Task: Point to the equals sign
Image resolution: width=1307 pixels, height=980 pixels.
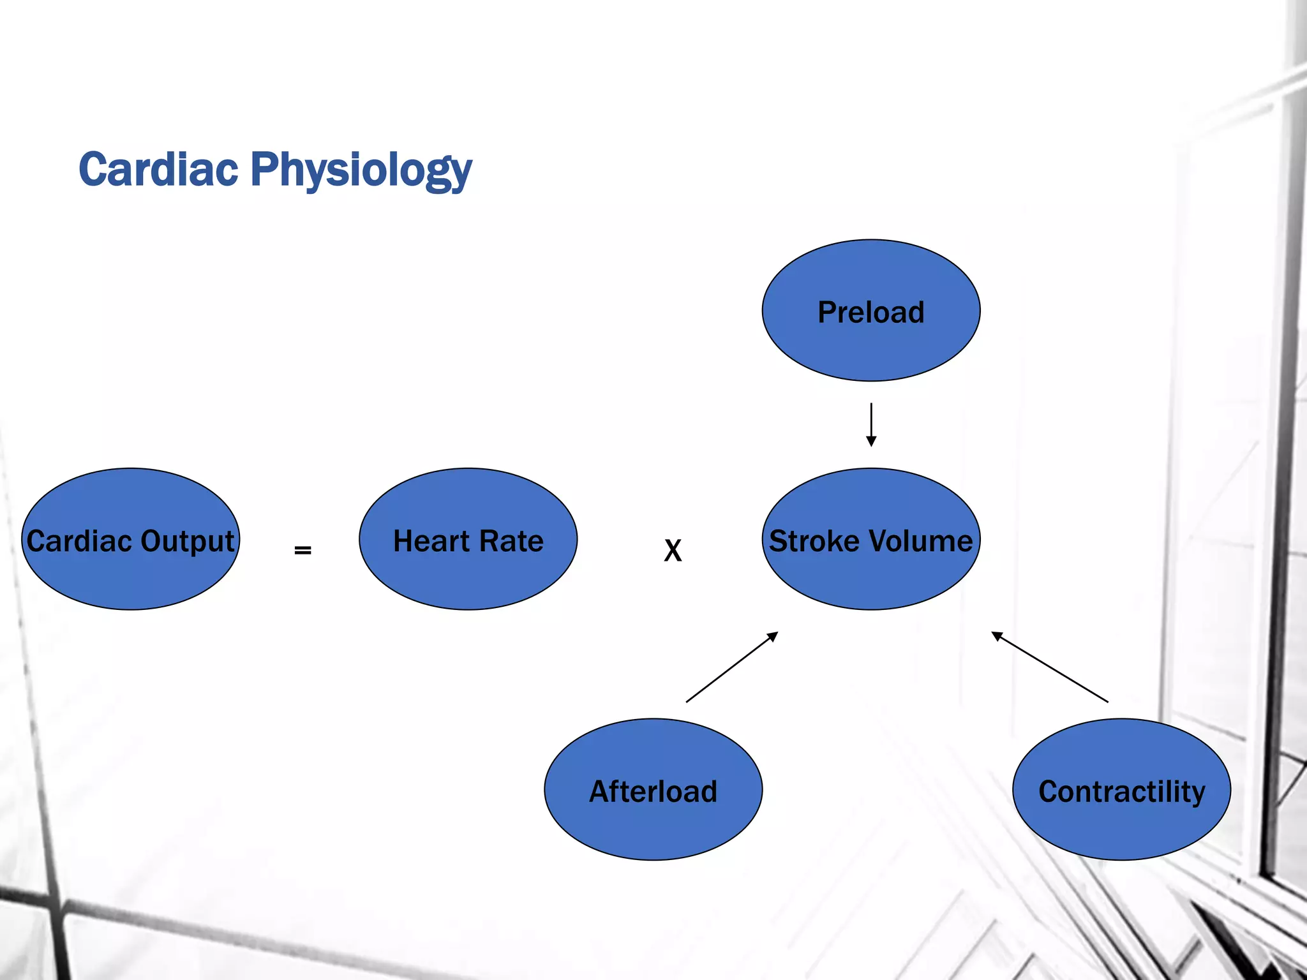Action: coord(302,549)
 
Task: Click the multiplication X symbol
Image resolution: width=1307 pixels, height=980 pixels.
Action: coord(673,550)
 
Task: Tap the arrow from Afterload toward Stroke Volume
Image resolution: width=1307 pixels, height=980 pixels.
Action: coord(731,667)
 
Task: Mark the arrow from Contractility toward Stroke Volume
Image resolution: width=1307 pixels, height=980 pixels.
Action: coord(1050,667)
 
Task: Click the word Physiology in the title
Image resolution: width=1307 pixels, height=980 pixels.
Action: coord(361,171)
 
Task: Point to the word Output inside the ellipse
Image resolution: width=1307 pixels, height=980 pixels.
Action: coord(187,542)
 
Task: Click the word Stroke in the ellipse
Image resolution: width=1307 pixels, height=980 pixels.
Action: coord(814,541)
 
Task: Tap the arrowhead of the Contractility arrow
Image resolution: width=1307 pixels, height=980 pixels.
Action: coord(997,635)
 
